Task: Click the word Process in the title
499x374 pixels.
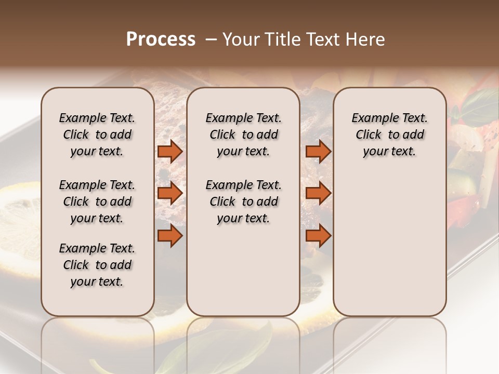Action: coord(161,39)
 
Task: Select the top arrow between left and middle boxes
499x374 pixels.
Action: coord(169,151)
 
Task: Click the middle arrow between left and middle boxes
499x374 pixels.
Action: coord(169,193)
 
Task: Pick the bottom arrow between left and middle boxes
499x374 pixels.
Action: coord(169,236)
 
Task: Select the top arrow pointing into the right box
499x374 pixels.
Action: coord(318,151)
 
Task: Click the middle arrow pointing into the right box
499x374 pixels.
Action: coord(318,193)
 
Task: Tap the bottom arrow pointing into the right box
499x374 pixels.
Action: coord(318,236)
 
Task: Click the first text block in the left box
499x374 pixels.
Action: coord(97,135)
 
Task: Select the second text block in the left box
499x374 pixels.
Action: coord(97,202)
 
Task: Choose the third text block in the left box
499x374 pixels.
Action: coord(97,265)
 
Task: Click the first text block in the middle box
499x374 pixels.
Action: coord(243,135)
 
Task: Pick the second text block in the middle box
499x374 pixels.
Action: coord(243,202)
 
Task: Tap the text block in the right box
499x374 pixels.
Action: coord(389,135)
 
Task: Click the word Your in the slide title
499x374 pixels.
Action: coord(241,39)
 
